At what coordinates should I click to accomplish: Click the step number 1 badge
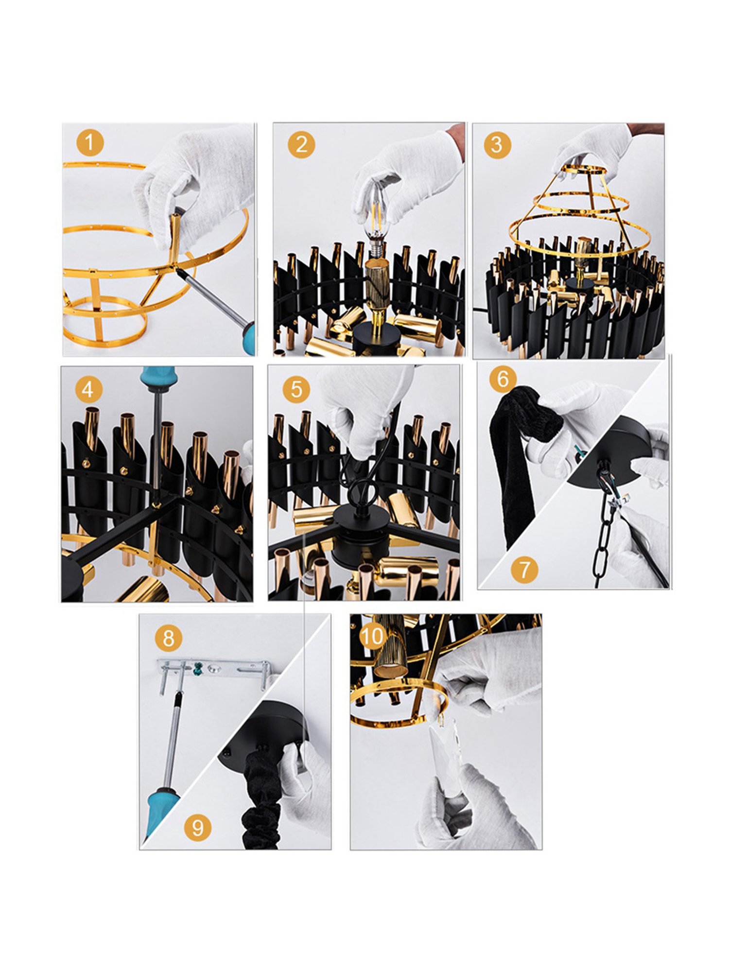89,143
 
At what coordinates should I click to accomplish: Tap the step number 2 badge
301,144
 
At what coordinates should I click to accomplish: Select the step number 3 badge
496,144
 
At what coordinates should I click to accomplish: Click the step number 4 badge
88,389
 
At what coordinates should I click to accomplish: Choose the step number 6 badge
503,379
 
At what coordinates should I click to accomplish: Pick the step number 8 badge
168,638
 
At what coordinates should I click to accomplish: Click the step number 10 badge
373,636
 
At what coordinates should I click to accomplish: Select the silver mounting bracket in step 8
214,669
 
